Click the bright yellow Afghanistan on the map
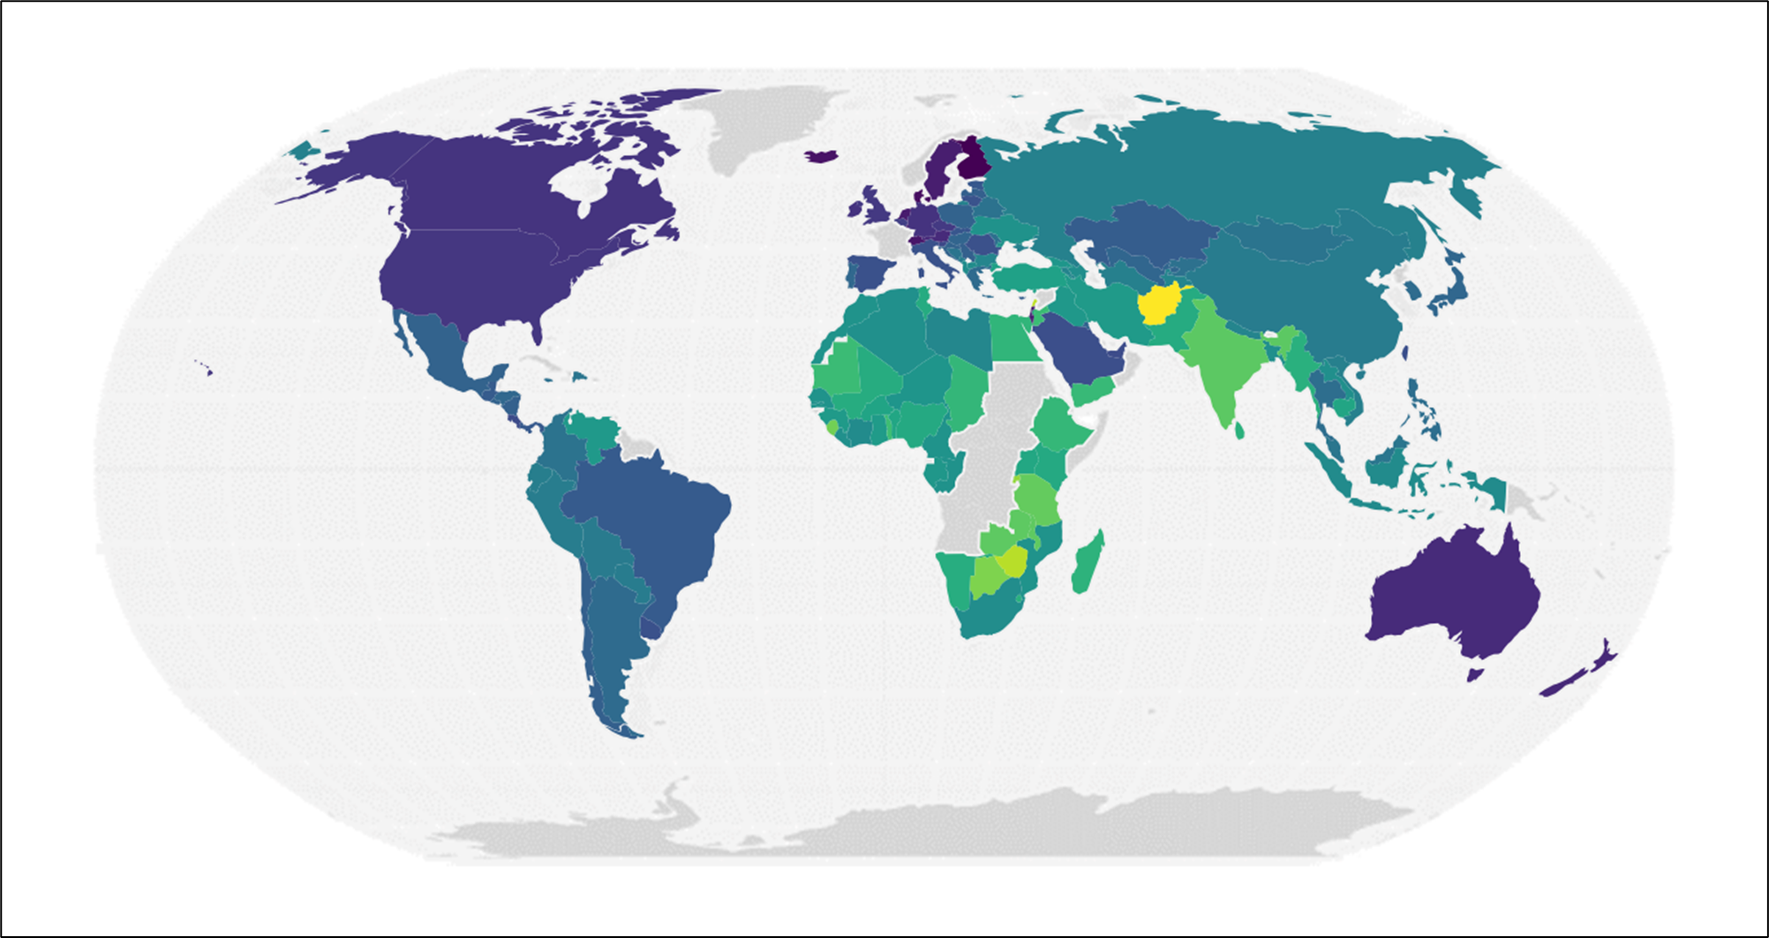pos(1159,305)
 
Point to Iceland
pos(822,156)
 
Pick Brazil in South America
pos(653,521)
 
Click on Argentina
pos(609,635)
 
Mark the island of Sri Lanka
pos(1239,430)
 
